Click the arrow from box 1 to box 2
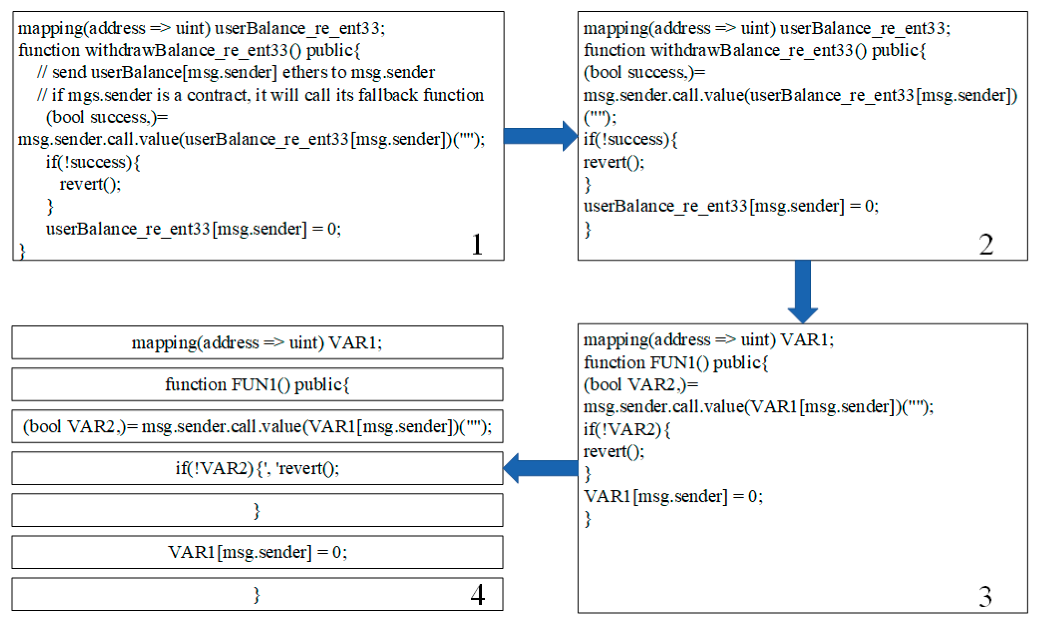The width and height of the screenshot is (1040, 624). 540,136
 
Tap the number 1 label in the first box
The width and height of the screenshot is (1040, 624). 477,244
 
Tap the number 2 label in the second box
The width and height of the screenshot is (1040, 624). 986,244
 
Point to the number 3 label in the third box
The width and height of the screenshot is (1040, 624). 985,596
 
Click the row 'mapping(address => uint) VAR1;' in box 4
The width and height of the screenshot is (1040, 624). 257,342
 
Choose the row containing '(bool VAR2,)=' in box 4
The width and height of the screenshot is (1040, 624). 257,426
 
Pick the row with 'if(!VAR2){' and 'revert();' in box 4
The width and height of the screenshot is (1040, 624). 257,468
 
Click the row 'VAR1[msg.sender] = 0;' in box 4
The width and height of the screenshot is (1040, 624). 257,552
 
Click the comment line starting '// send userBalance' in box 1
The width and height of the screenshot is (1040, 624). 236,72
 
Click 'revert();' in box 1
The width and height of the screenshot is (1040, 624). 90,184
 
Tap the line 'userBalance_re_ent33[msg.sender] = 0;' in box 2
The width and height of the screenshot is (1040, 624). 731,206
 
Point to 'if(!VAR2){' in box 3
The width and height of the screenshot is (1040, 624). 627,429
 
